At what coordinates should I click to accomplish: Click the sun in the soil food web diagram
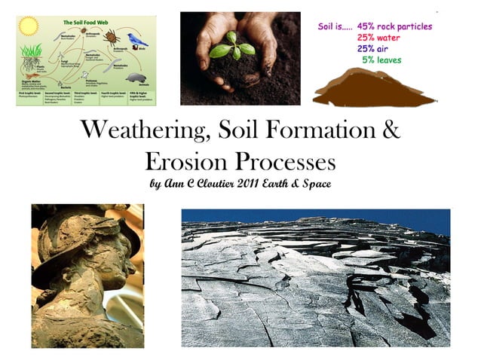[28, 26]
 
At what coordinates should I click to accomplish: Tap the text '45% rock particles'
[395, 26]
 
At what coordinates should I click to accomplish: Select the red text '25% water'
[380, 37]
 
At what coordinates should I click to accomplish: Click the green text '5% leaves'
[381, 59]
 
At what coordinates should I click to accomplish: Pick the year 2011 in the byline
[255, 182]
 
